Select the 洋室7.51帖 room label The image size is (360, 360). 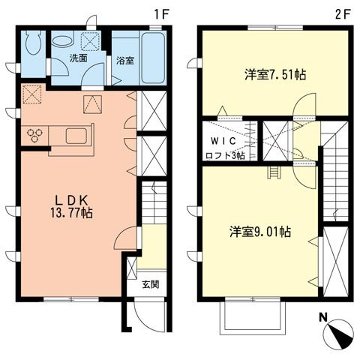coord(274,75)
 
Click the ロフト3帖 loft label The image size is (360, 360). coord(226,155)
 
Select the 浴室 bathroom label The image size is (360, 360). coord(125,61)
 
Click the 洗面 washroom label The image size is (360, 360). coord(79,58)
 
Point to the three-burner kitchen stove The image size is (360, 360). coord(35,134)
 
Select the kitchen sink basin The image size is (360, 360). coord(77,136)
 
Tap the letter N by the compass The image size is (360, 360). coord(322,317)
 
